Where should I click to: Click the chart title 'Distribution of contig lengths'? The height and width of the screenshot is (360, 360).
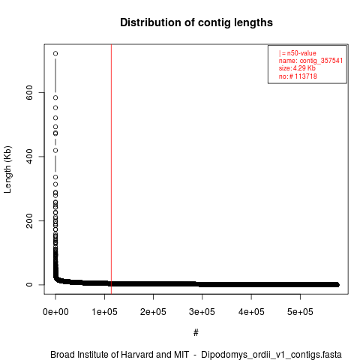(x=196, y=22)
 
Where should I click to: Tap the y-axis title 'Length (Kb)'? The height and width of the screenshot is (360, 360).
(x=7, y=169)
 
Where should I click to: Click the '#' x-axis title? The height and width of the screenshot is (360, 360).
(x=196, y=333)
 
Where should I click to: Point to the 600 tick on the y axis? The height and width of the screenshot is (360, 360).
(x=29, y=92)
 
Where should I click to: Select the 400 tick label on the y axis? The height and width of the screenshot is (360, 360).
(x=29, y=157)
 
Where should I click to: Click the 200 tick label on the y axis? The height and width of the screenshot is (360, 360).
(x=29, y=220)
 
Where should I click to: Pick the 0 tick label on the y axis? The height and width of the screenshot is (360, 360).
(x=29, y=285)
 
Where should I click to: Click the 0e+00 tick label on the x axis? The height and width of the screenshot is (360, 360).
(x=55, y=312)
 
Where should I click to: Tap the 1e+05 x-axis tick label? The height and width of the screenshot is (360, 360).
(x=104, y=312)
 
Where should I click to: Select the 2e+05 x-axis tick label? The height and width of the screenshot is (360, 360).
(x=153, y=312)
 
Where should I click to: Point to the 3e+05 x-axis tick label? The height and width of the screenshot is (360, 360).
(x=202, y=312)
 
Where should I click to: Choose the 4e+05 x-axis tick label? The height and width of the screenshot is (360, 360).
(x=251, y=312)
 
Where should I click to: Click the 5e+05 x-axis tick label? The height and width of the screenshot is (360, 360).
(x=300, y=312)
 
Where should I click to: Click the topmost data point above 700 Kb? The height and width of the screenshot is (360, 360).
(x=55, y=53)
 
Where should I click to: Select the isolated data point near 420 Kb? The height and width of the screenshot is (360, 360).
(x=55, y=151)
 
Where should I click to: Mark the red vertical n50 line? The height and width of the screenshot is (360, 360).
(x=111, y=169)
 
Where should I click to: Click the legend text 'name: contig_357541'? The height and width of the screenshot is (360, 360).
(x=310, y=61)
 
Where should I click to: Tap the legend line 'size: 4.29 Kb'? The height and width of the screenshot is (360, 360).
(x=297, y=68)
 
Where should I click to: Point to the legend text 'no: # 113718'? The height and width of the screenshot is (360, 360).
(x=298, y=76)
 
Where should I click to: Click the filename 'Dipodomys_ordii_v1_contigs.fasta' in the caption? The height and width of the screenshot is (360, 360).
(x=271, y=355)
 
